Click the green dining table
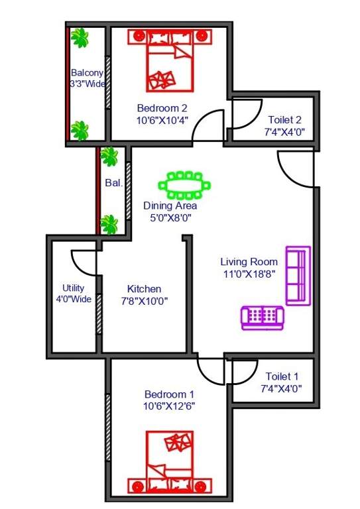(184, 185)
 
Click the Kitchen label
(144, 289)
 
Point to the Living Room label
(249, 261)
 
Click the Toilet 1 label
(282, 376)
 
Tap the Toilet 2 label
(285, 120)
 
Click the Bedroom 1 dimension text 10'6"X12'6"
(168, 405)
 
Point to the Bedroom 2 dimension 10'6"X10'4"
(162, 120)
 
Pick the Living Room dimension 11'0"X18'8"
(249, 272)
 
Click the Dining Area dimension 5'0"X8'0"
(170, 217)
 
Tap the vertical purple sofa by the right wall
(298, 275)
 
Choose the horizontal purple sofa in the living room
(263, 317)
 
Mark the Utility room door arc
(82, 261)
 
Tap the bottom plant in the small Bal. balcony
(109, 224)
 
